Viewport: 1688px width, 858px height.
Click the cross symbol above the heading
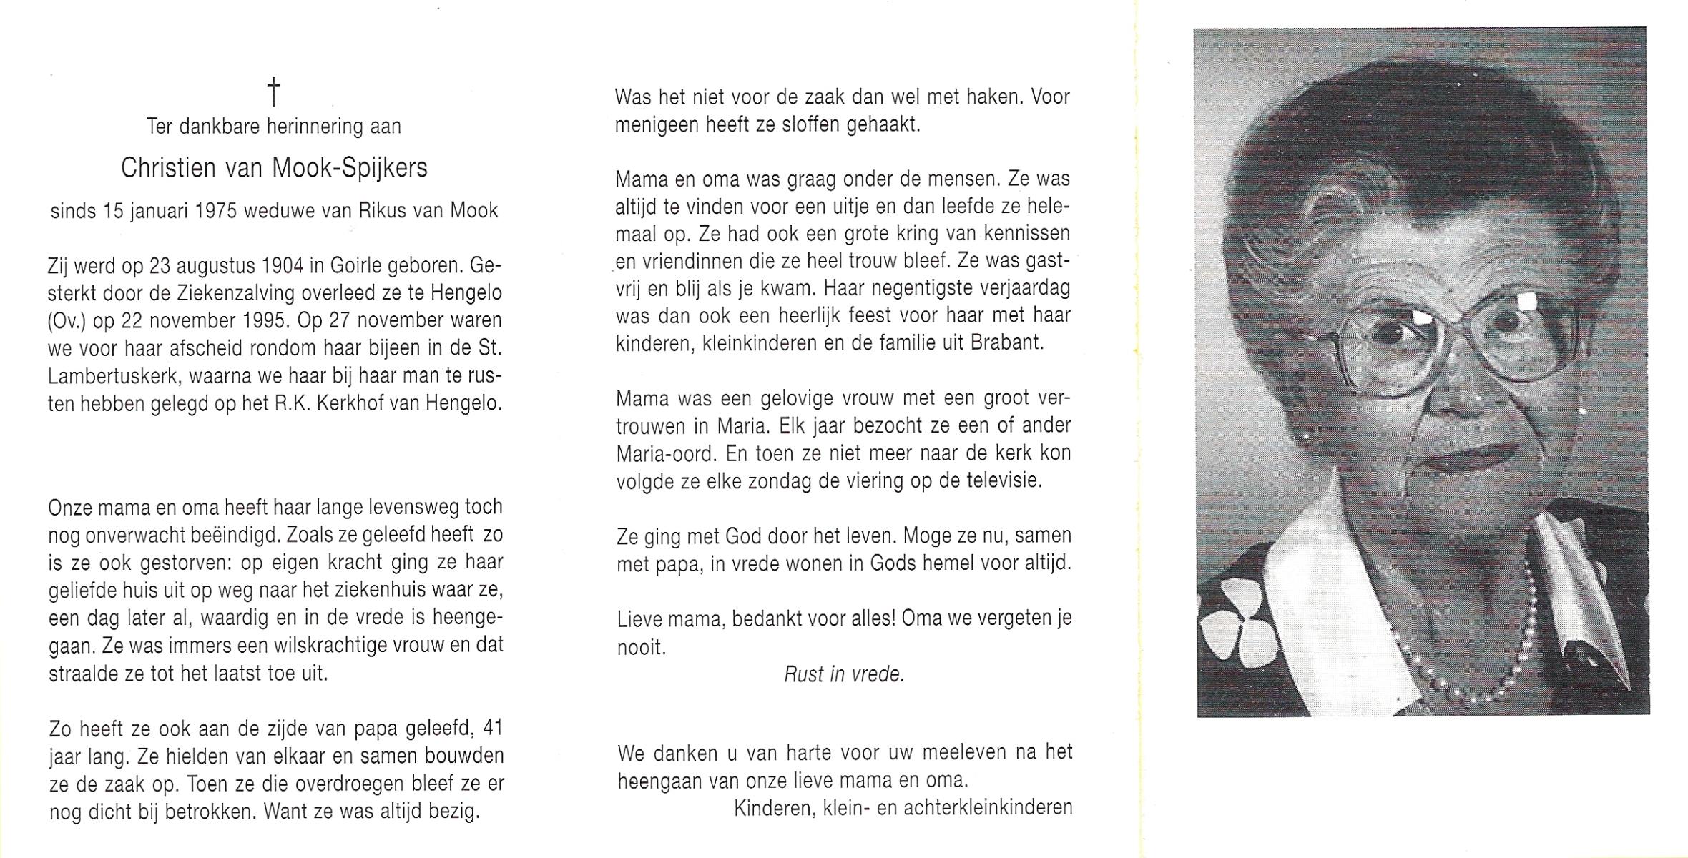(273, 93)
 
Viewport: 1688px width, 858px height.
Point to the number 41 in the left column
(493, 729)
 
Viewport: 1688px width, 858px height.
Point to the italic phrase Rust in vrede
(844, 674)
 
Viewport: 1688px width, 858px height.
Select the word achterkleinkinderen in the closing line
(988, 808)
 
